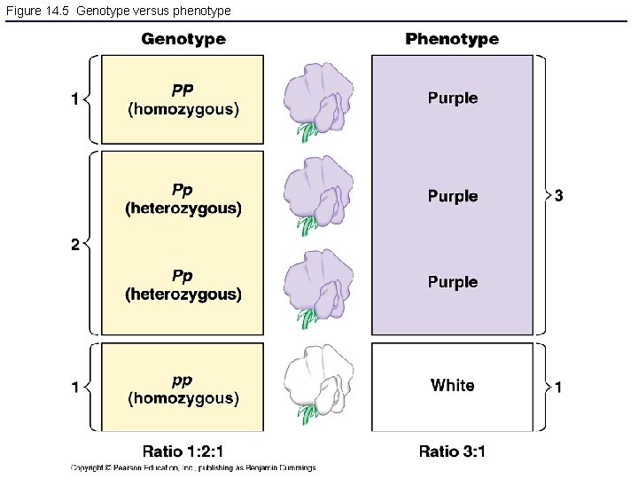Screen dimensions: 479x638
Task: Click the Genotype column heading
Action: click(183, 39)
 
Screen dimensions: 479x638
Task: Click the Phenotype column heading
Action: click(452, 39)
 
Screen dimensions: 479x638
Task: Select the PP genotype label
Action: click(183, 90)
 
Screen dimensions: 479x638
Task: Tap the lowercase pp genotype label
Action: click(183, 380)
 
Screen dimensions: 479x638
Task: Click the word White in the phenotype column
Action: click(452, 385)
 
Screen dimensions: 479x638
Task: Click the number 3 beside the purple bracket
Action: click(558, 195)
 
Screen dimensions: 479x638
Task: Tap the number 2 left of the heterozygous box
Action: click(75, 245)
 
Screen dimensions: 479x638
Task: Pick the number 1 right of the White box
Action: click(558, 387)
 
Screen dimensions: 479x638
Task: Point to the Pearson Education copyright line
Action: click(193, 468)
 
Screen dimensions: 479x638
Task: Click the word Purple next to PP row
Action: click(452, 98)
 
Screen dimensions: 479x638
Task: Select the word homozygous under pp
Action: click(183, 399)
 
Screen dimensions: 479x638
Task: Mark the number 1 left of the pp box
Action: click(75, 387)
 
